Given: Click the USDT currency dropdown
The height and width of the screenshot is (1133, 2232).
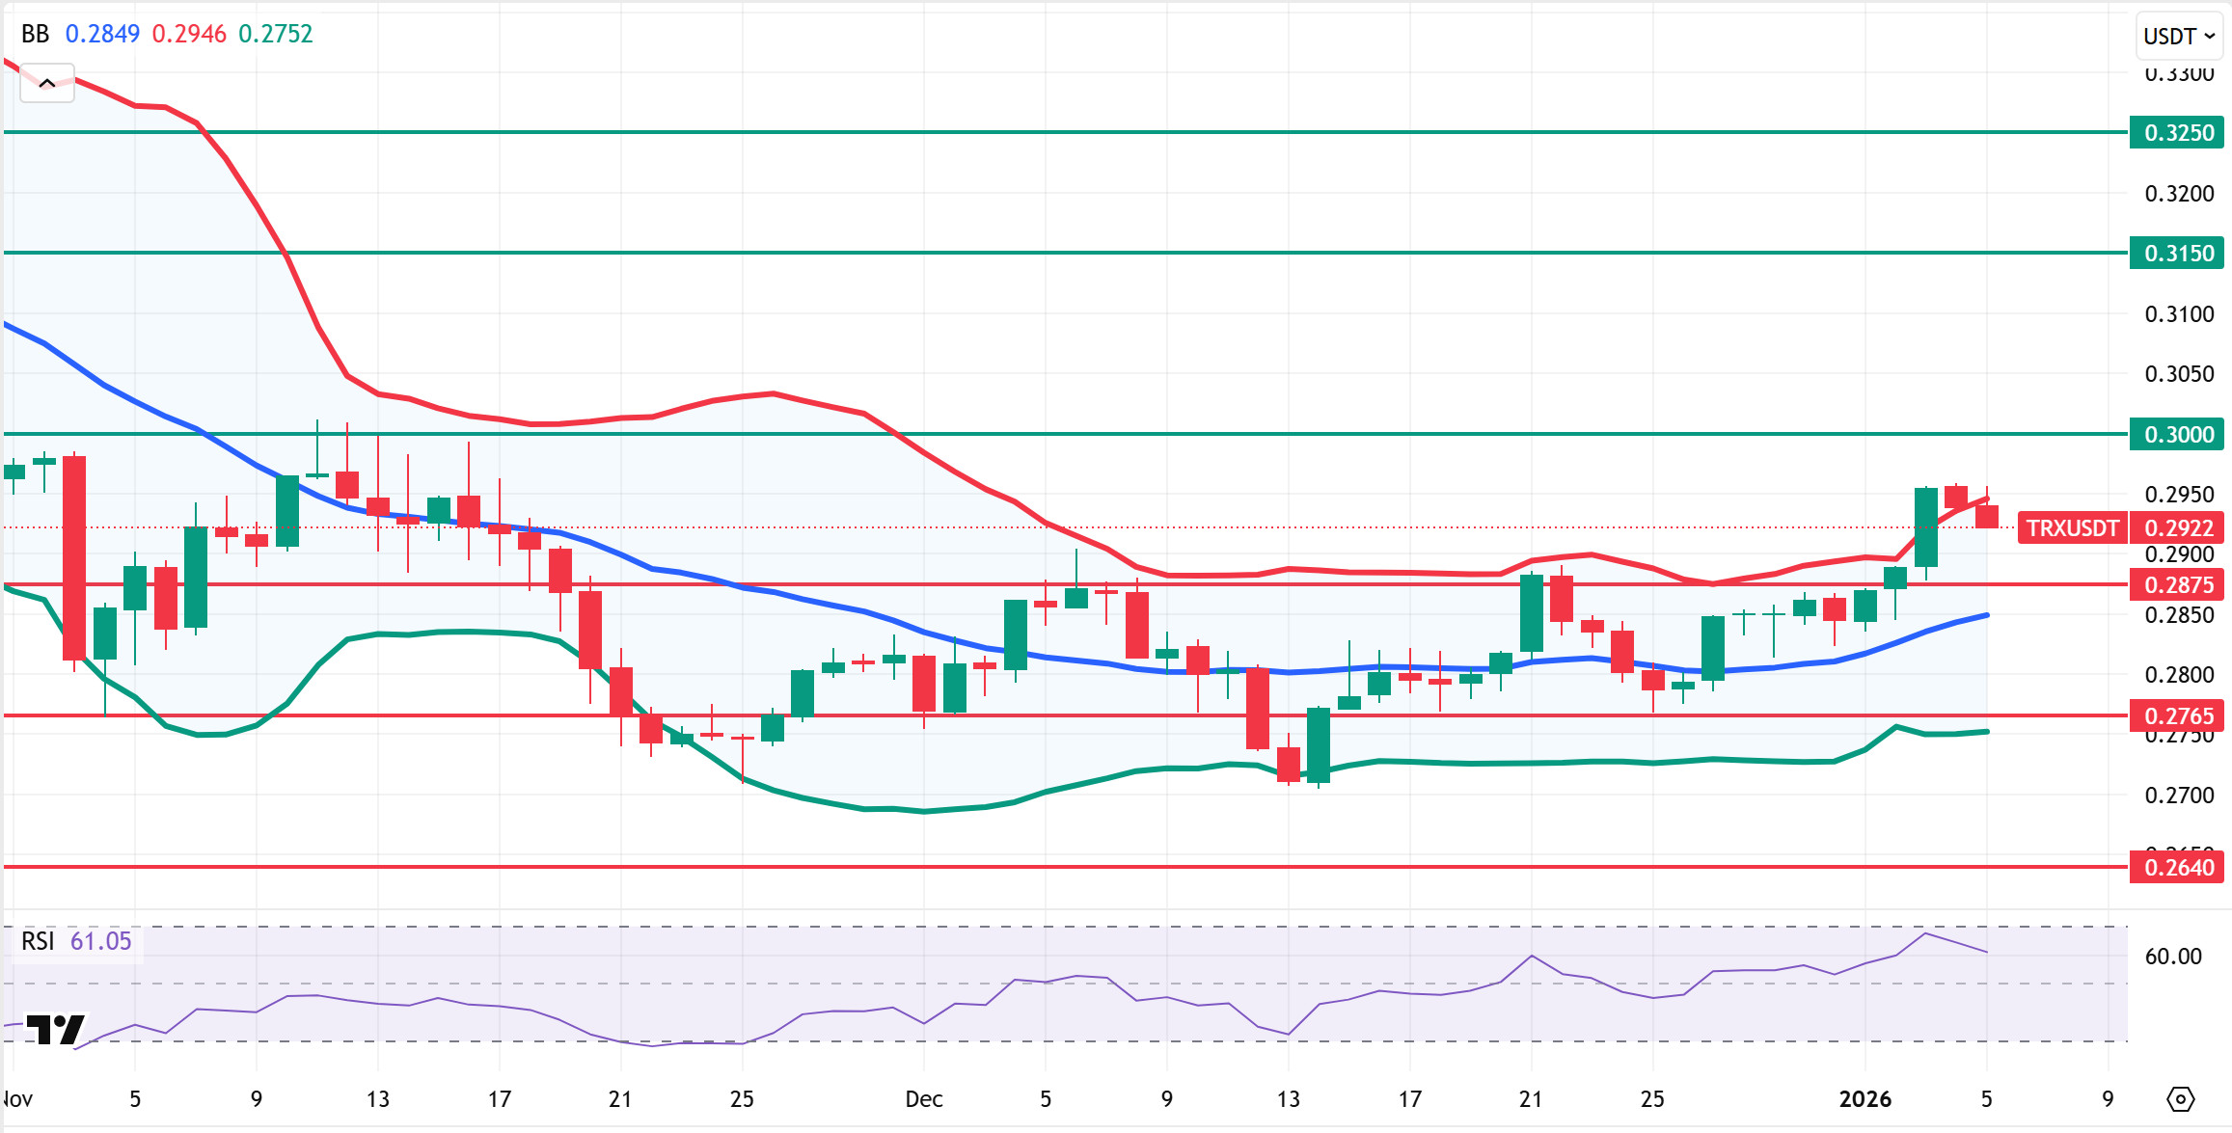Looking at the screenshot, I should (2178, 37).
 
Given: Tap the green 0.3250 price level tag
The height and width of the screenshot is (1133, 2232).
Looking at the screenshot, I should (2178, 133).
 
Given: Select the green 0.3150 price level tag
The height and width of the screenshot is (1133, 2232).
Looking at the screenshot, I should (2178, 254).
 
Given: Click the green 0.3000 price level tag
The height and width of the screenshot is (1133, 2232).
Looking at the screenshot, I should (2178, 435).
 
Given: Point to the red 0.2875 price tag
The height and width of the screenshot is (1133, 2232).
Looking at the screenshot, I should (2178, 585).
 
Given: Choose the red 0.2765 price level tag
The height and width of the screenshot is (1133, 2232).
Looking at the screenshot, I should (2178, 716).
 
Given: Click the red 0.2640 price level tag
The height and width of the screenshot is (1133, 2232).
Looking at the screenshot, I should (2178, 868).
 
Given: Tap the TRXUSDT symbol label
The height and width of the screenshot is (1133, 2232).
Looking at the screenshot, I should (2072, 528).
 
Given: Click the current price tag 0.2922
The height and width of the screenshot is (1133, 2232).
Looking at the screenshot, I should (2178, 528).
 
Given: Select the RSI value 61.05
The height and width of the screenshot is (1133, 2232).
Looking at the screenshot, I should (100, 941).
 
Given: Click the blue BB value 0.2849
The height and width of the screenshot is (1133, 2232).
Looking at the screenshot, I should (102, 34).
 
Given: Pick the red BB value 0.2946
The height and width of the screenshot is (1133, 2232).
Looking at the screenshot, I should (189, 34).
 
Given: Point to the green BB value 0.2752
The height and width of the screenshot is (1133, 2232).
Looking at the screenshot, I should (276, 34).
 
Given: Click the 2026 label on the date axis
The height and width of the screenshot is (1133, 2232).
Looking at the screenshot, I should (1865, 1099).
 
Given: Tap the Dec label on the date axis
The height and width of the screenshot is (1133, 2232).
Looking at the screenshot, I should (923, 1099).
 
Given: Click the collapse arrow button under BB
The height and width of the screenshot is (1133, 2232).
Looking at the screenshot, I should (46, 84).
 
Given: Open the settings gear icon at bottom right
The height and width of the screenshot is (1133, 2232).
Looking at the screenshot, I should (2180, 1099).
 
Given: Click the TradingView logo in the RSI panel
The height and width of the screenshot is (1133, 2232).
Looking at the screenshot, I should (55, 1030).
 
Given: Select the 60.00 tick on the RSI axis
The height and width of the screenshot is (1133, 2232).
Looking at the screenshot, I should (2172, 957).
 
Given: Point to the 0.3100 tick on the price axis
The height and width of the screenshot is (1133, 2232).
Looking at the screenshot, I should (2178, 314).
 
